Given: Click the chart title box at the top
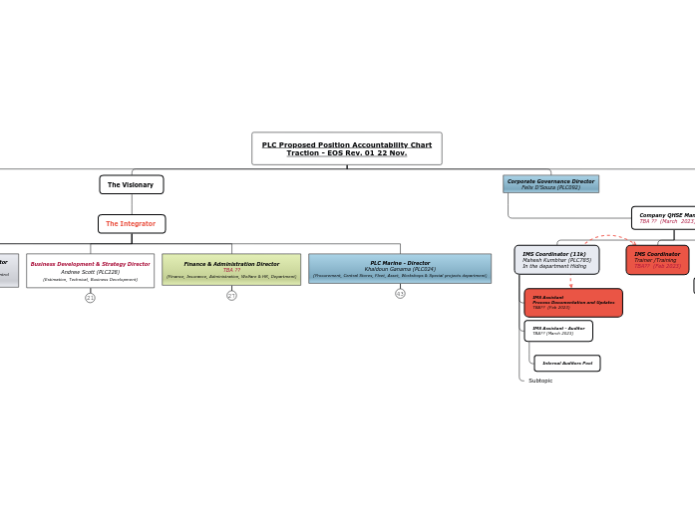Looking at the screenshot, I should [x=346, y=148].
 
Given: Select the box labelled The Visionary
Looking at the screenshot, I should [x=131, y=184].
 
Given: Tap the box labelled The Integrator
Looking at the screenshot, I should [x=131, y=223].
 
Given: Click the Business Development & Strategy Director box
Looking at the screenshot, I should [x=90, y=270].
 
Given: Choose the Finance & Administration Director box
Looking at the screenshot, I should [x=231, y=269].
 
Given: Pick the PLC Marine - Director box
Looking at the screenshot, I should [x=400, y=268].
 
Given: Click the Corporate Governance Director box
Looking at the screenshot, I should [x=550, y=183].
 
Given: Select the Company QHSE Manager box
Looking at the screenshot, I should [x=664, y=217].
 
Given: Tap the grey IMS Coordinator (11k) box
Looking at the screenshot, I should [x=556, y=260].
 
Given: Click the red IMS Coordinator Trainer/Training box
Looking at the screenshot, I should [x=657, y=260].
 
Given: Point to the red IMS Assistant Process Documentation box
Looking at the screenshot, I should [x=572, y=303].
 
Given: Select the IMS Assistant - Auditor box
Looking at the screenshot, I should [x=558, y=331].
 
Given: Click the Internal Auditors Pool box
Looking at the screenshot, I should [x=566, y=363].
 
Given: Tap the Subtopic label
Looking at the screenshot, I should [x=540, y=381].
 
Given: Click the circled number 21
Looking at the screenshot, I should [x=90, y=297].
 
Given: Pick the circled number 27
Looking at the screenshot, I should [x=231, y=295].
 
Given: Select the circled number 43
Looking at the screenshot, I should [x=400, y=293].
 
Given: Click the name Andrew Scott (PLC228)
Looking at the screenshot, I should [x=90, y=271].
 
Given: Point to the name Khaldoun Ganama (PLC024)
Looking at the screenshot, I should [x=400, y=269].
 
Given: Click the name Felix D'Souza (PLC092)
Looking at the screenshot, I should [x=550, y=187].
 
